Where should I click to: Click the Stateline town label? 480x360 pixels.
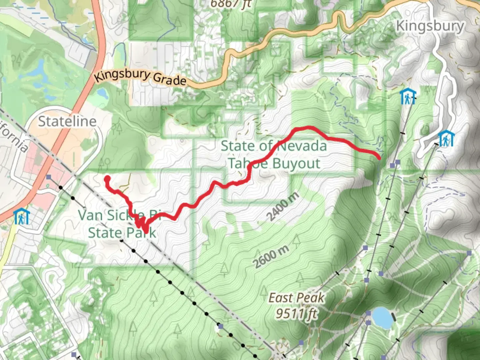click(67, 121)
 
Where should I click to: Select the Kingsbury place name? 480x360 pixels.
click(430, 26)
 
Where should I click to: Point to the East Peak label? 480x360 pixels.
click(296, 298)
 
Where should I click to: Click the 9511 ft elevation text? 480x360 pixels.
click(296, 313)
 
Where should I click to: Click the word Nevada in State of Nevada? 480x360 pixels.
click(302, 146)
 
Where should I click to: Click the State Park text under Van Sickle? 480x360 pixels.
click(122, 232)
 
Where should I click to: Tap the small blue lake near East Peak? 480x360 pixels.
click(382, 318)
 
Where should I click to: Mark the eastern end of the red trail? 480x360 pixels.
click(379, 157)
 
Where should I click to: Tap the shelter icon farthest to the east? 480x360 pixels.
click(446, 139)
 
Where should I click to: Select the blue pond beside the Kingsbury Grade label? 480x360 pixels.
click(102, 94)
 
